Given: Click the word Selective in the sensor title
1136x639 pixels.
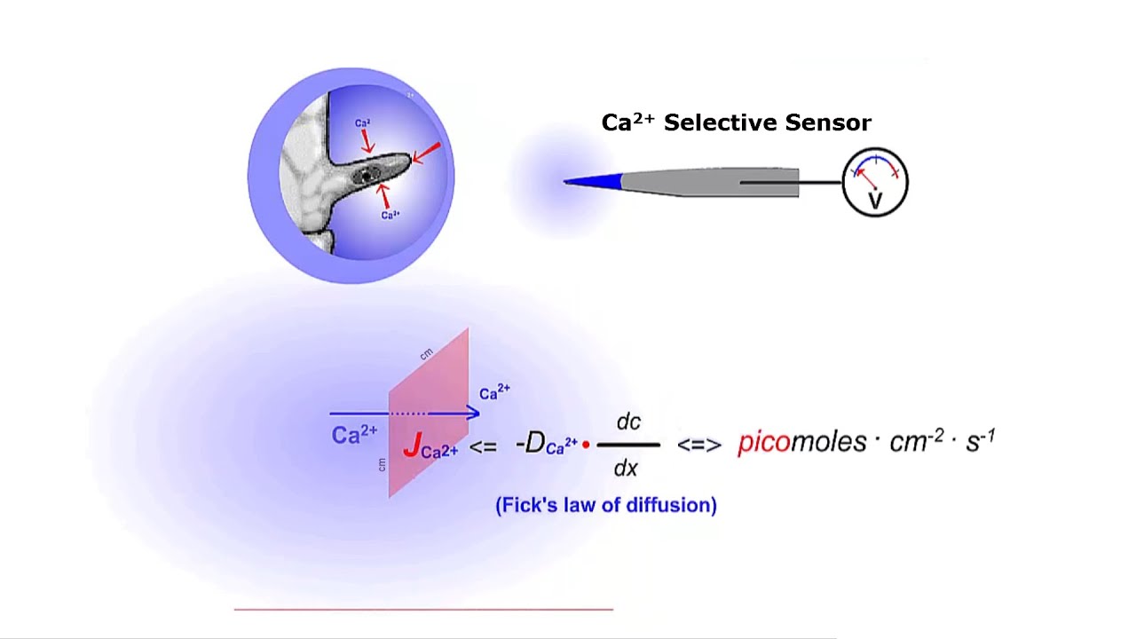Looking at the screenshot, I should [x=717, y=122].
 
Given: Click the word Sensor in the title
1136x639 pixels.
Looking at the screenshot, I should [x=832, y=122].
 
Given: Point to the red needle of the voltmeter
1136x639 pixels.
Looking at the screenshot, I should [x=865, y=175].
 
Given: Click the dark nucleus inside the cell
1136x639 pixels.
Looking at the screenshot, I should [x=367, y=175].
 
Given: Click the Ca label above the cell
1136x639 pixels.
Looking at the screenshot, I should [x=362, y=123].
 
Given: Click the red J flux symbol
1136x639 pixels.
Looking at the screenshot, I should [x=411, y=446].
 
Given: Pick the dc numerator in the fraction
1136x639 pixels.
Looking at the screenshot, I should [x=628, y=422].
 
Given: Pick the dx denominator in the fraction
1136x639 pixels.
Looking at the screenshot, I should [x=627, y=467].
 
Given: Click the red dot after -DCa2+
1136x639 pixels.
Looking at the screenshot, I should [x=586, y=444].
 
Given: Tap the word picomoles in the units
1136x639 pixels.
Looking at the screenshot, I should [x=801, y=442].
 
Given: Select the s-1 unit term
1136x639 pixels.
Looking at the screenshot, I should [x=980, y=440].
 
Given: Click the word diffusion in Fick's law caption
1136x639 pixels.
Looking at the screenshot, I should [x=674, y=505].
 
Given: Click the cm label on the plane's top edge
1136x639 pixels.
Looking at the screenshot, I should [x=427, y=353].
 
